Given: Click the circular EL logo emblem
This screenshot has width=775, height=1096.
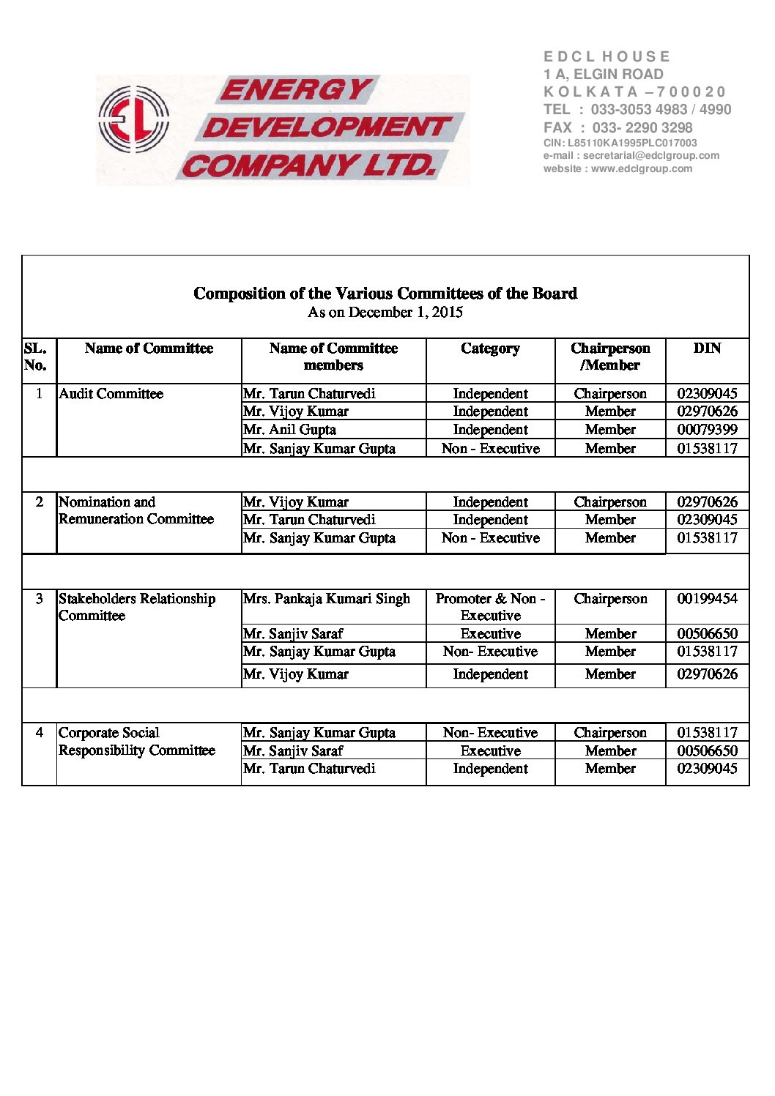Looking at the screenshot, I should [133, 119].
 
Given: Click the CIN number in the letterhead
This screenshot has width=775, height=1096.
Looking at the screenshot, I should [620, 143].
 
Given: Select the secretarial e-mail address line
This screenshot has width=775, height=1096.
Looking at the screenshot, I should [631, 156].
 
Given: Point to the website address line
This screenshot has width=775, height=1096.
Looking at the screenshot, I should [618, 168].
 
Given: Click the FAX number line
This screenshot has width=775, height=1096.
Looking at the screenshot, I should [618, 127].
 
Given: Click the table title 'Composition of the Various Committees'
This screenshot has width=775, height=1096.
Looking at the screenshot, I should [385, 294].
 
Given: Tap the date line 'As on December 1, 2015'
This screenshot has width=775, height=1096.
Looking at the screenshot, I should [385, 313].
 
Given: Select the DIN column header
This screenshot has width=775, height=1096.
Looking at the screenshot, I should [707, 348].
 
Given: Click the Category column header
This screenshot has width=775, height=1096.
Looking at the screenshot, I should [490, 348].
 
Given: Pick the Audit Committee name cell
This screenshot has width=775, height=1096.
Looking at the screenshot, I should [111, 394].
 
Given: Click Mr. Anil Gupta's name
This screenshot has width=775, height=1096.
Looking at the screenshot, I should [289, 430].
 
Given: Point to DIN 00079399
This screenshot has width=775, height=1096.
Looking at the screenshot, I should [707, 430].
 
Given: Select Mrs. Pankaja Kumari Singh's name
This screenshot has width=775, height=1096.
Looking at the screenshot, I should [326, 599].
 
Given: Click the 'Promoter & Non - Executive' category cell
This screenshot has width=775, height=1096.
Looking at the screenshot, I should [490, 607].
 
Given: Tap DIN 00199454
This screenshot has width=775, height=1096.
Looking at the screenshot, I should [707, 599].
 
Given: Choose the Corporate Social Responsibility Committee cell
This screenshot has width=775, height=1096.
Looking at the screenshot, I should [136, 742].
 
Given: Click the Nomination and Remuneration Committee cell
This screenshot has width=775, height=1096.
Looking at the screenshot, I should [136, 510].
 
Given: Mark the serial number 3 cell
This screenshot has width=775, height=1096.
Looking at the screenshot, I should [40, 599].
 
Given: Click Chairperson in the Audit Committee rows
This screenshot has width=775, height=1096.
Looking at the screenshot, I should [610, 394].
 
